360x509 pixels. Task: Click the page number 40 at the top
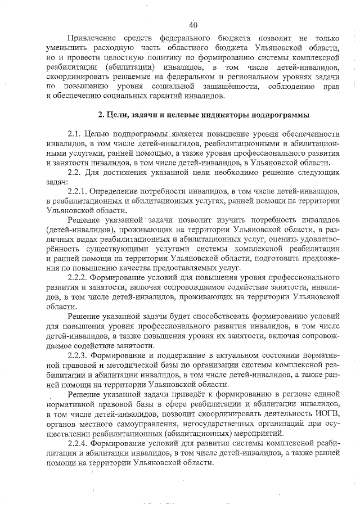193,25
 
